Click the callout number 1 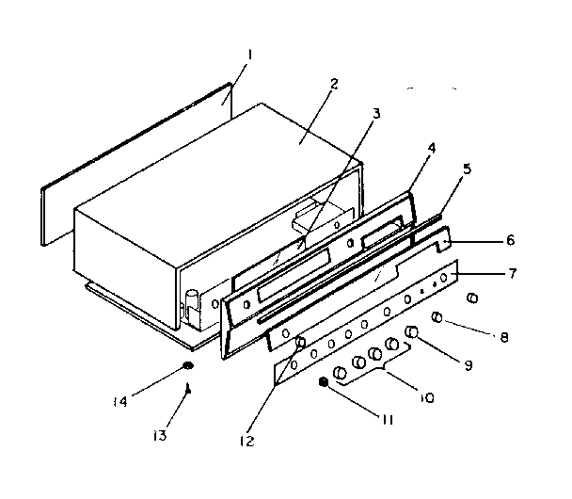249,56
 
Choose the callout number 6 510,241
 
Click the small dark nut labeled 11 325,382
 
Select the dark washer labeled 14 188,365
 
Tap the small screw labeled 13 189,386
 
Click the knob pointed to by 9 411,332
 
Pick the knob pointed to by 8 437,317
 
